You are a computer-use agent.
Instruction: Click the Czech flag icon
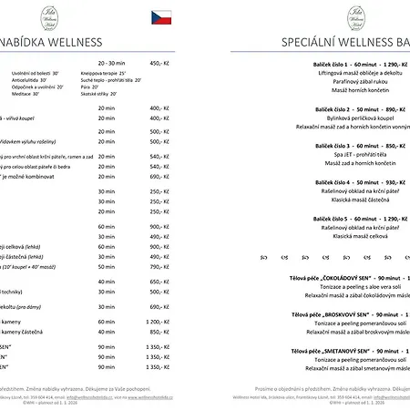pyautogui.click(x=160, y=16)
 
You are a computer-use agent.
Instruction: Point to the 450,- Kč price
pyautogui.click(x=159, y=64)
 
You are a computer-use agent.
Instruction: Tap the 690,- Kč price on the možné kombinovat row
pyautogui.click(x=159, y=177)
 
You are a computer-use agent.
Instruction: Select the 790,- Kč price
pyautogui.click(x=159, y=267)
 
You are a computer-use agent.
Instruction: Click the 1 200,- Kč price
pyautogui.click(x=159, y=322)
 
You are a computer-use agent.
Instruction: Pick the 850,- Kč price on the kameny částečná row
pyautogui.click(x=159, y=333)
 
